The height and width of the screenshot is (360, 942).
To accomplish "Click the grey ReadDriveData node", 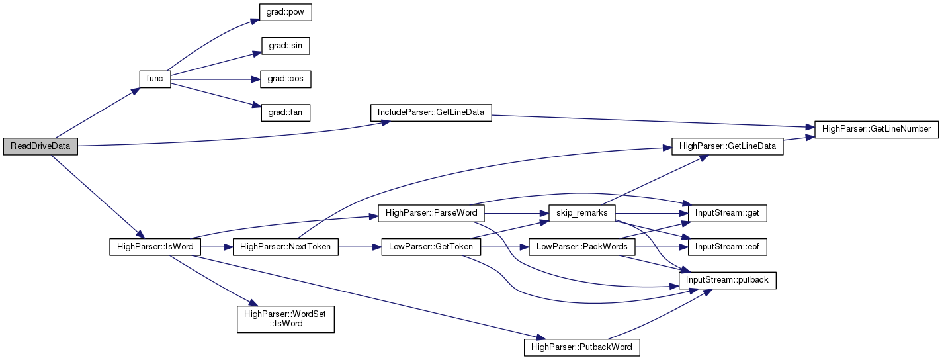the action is pos(40,146).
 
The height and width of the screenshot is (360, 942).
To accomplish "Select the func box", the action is pos(155,79).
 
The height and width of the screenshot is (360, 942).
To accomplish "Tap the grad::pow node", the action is pos(286,12).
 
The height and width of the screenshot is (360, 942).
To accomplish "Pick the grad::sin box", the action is pos(286,46).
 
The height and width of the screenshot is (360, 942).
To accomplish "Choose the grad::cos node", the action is pos(286,79).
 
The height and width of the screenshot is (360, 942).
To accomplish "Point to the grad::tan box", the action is pos(286,112).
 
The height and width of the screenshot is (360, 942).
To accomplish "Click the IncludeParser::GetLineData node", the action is pos(431,112).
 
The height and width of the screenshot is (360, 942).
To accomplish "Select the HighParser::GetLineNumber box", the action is pos(877,129).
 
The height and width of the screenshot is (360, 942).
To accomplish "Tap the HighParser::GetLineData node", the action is pos(728,146).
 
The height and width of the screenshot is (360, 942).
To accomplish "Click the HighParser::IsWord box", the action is pos(155,247).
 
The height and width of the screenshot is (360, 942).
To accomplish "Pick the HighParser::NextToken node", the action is pos(286,247).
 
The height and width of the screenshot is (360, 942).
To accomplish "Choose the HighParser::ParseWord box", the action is pos(431,213).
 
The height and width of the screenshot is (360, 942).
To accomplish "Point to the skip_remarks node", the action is pos(582,213).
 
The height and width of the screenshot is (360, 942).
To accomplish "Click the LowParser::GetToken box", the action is pos(431,247).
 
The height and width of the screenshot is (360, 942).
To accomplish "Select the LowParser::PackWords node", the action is pos(582,247).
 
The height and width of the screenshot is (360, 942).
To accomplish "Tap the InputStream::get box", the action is pos(728,213).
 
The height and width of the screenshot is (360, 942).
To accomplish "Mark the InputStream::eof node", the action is pos(728,247).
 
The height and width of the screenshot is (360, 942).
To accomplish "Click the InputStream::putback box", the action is pos(728,281).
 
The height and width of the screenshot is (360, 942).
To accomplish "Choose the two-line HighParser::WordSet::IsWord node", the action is pos(286,319).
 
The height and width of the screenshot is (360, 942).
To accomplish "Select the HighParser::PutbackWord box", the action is pos(582,347).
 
